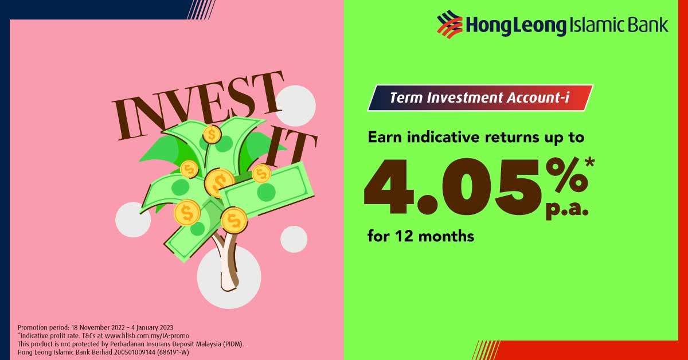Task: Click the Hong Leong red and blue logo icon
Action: click(x=450, y=26)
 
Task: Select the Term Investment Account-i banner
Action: click(x=480, y=98)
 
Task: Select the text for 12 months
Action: click(x=421, y=236)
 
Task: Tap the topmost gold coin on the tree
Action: click(x=212, y=135)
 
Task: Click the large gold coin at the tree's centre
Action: click(x=219, y=182)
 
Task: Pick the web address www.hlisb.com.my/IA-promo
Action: click(x=147, y=335)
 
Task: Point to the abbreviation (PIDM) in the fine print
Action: click(x=232, y=344)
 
